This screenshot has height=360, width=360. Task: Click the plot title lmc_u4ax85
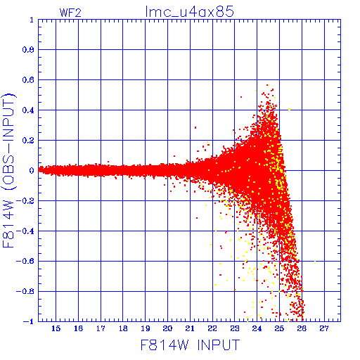click(189, 11)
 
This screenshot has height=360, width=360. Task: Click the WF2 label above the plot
click(70, 13)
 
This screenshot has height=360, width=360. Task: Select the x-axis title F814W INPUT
click(191, 345)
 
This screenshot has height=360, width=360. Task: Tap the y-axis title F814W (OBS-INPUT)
click(8, 170)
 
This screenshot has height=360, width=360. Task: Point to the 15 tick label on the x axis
click(56, 328)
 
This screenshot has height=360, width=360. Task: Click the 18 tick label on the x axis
click(123, 328)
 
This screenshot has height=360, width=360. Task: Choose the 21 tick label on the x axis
click(190, 328)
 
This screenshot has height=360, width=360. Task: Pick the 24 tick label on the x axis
click(257, 328)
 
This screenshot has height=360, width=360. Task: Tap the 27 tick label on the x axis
click(324, 328)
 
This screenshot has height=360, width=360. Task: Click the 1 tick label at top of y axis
click(32, 20)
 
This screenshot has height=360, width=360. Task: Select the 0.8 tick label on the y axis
click(28, 50)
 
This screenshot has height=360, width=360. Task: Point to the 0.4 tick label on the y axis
click(28, 110)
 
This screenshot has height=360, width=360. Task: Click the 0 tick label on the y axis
click(32, 170)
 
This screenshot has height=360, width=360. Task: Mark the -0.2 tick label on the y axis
click(25, 201)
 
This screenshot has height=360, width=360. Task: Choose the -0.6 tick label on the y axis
click(25, 261)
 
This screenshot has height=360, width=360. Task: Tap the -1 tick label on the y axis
click(28, 321)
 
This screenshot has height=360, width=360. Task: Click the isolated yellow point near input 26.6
click(315, 261)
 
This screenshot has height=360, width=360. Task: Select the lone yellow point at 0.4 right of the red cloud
click(290, 110)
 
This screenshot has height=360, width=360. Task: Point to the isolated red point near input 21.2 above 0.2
click(195, 127)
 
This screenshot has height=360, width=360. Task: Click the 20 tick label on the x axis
click(168, 328)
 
